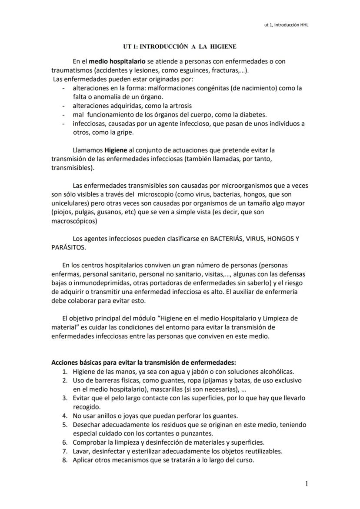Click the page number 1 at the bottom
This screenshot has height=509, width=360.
coord(307,483)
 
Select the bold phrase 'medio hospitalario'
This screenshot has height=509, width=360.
coord(117,62)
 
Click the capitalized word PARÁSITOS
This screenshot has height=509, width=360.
coord(68,247)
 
